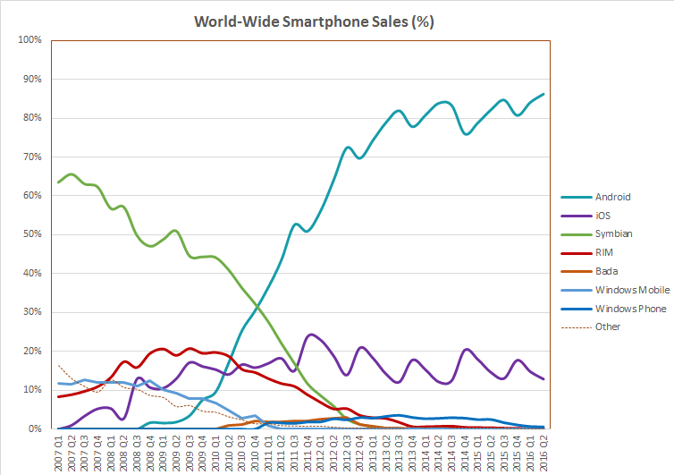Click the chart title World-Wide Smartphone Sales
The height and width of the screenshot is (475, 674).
coord(314,21)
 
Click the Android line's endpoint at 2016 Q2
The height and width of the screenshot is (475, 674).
coord(543,94)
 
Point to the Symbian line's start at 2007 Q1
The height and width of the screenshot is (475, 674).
coord(57,182)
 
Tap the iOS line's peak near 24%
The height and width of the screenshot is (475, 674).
coord(310,335)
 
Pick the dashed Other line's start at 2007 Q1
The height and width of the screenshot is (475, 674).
coord(57,365)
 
